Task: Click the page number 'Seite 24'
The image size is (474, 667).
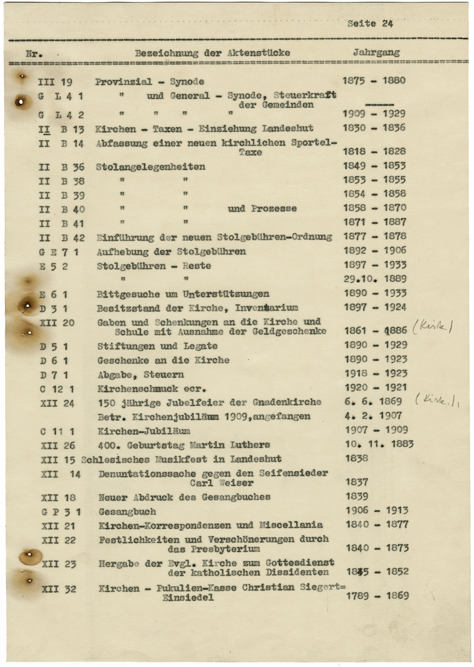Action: coord(370,23)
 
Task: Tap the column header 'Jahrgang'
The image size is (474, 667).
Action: coord(376,53)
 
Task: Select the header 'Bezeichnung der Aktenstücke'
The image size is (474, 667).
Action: coord(212,53)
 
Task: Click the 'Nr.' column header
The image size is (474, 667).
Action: coord(34,53)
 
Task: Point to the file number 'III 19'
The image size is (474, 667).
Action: coord(55,82)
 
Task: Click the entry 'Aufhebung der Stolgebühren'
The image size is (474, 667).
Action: coord(171,252)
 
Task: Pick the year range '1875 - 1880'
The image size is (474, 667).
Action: coord(374,81)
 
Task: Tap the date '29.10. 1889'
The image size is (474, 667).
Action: coord(375,279)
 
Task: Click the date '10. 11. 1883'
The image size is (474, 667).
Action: coord(379,444)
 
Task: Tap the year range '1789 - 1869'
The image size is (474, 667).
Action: coord(377,595)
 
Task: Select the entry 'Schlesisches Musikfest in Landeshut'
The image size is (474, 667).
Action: coord(181,459)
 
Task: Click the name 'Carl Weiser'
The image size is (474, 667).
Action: coord(221,483)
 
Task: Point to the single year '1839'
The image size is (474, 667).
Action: coord(357,496)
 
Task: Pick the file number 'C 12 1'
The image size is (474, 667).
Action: coord(57,389)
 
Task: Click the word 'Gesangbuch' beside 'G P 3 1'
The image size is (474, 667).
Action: coord(127,512)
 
